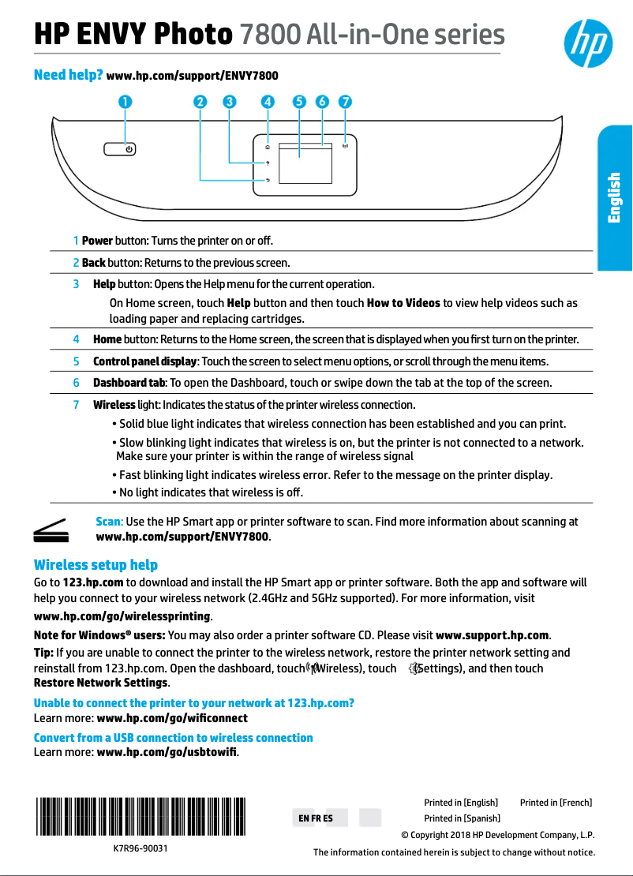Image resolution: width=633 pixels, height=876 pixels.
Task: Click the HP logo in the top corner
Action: click(588, 43)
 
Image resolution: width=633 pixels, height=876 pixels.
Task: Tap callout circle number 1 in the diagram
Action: click(125, 102)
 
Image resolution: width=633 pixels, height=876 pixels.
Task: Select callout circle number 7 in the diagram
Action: click(345, 102)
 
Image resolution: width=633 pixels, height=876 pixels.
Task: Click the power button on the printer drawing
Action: click(120, 148)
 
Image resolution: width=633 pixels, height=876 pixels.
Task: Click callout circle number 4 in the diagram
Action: click(268, 102)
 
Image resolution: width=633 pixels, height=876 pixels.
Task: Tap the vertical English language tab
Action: click(614, 197)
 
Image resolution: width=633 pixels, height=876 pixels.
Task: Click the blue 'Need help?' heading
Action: click(68, 75)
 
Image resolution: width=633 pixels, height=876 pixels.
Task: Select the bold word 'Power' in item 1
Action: click(97, 240)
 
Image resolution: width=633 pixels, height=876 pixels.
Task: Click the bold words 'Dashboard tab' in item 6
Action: click(129, 383)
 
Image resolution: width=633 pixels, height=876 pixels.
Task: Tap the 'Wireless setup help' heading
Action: click(96, 565)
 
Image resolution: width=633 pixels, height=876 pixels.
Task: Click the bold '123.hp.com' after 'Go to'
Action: click(92, 582)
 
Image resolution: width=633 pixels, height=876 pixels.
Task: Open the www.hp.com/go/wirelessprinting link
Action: click(122, 616)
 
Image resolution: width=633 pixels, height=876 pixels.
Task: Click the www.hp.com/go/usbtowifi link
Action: click(167, 751)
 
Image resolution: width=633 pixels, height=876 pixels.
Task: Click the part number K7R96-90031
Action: click(140, 849)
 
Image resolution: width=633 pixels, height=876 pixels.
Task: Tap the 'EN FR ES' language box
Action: click(316, 818)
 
